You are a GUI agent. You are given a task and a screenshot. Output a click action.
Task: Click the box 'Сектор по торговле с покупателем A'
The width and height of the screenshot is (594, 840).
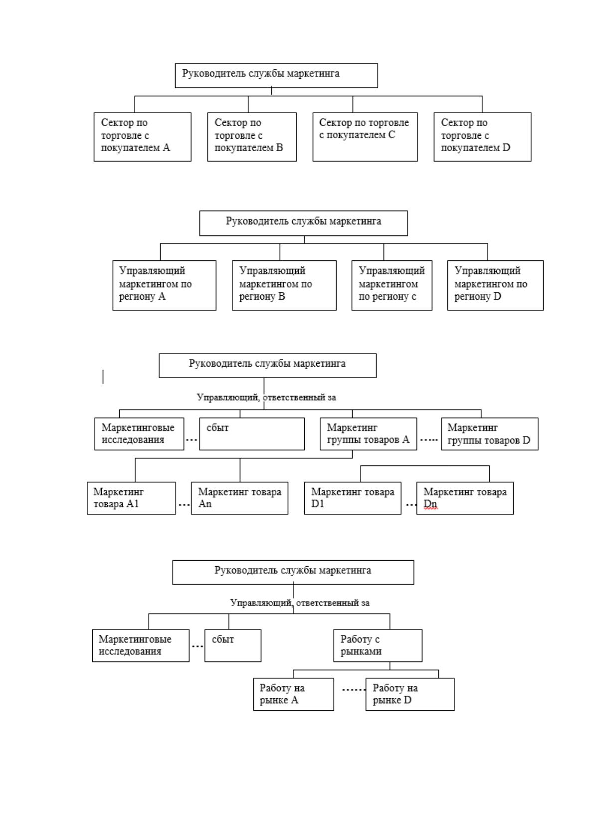143,137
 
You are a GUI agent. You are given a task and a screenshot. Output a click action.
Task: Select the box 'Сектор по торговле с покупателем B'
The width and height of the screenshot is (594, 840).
252,137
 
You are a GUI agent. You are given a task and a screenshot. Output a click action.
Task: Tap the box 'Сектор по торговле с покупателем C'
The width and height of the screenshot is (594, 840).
365,137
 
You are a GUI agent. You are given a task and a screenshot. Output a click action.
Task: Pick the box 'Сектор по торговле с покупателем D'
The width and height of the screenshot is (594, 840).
483,137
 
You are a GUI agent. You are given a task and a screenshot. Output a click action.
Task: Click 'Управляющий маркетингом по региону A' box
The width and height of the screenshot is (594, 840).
165,285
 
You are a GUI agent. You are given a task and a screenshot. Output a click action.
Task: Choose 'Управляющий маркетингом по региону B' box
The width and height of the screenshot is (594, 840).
284,285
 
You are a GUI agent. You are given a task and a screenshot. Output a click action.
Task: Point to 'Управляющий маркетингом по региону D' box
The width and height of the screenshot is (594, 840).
495,285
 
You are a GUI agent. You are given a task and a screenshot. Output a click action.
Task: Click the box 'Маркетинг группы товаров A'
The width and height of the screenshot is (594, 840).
368,434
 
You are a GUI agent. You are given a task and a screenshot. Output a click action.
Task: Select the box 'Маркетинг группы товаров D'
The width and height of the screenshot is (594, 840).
490,434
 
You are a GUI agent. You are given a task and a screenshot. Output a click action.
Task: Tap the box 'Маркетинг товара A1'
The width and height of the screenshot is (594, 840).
131,498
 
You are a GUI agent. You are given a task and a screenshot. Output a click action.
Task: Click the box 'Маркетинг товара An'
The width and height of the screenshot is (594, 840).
239,498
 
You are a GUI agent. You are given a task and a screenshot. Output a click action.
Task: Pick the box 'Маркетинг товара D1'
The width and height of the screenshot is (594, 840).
353,498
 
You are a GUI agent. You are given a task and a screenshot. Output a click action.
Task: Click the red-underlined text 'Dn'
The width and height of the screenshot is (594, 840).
430,504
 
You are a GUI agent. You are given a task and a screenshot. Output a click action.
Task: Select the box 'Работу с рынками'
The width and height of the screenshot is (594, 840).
378,645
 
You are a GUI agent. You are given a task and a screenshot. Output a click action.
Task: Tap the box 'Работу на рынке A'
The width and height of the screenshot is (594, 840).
294,694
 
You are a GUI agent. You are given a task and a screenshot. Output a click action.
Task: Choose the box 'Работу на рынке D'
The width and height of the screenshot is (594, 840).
410,694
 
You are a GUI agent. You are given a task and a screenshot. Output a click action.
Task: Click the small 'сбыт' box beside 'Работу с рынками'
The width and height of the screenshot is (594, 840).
233,645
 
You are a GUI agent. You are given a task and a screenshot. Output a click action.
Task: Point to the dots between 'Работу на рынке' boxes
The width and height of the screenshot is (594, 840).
354,690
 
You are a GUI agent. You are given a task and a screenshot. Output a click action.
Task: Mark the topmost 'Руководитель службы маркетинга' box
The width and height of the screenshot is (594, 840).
276,75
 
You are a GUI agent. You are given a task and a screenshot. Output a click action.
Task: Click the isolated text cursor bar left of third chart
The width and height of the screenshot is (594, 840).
103,377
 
